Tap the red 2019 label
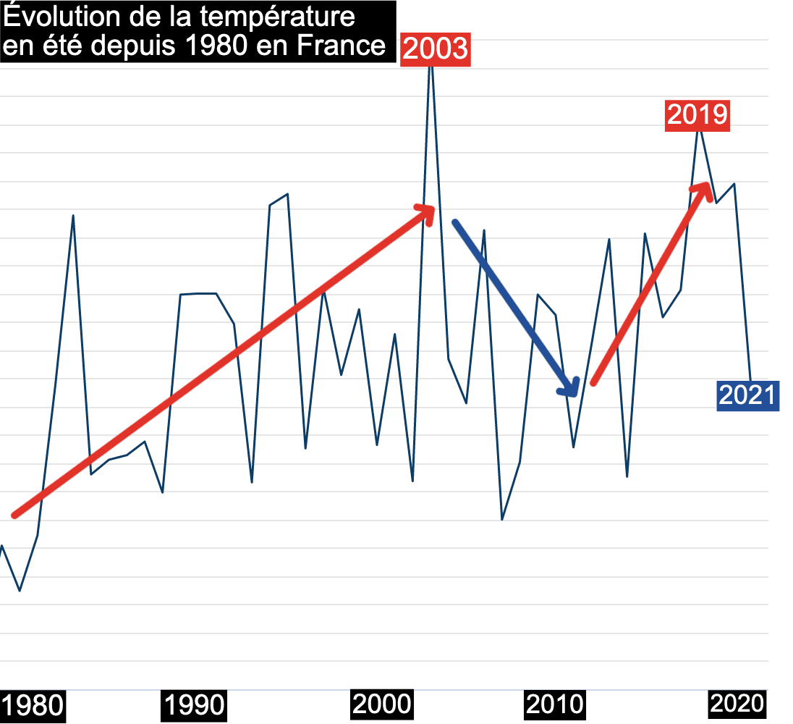point(697,115)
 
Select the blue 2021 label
point(747,395)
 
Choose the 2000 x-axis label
point(381,703)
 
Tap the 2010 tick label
point(554,704)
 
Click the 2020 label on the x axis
point(736,703)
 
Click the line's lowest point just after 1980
point(20,591)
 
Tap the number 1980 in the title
point(213,46)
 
